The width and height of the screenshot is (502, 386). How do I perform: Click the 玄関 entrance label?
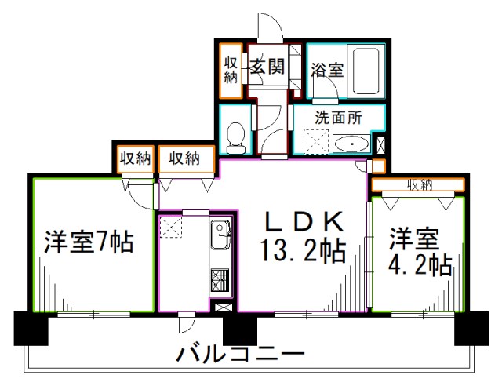[267, 67]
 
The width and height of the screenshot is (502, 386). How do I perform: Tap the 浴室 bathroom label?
[326, 69]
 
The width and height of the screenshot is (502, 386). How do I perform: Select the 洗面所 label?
[338, 118]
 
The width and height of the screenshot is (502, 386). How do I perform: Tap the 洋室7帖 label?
[89, 242]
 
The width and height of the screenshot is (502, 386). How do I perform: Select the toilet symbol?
[235, 137]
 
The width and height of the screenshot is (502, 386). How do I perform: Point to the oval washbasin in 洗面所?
[354, 144]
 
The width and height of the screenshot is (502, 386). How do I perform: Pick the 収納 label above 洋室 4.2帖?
[420, 184]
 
